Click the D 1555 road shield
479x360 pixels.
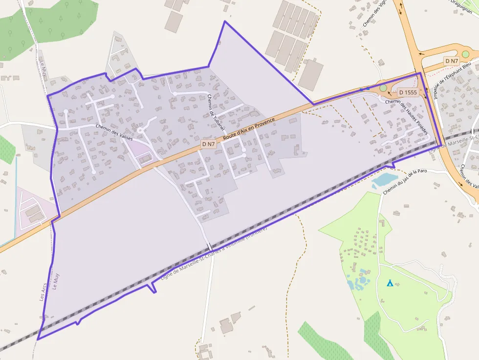407,92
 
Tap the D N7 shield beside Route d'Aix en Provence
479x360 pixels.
208,144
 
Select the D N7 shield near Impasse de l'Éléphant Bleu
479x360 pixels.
452,61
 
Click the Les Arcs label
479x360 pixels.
43,292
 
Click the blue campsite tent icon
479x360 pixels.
390,283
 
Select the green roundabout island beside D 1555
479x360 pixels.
383,88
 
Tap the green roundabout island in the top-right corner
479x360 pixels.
465,54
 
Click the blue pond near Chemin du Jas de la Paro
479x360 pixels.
384,180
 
